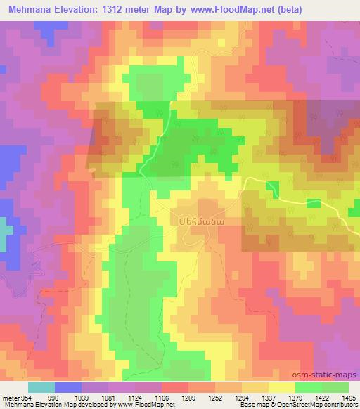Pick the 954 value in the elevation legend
click(x=25, y=396)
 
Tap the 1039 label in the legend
click(x=84, y=396)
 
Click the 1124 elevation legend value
click(x=145, y=396)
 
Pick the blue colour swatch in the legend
click(x=68, y=387)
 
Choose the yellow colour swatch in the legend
click(x=281, y=387)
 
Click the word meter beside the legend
click(x=11, y=396)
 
